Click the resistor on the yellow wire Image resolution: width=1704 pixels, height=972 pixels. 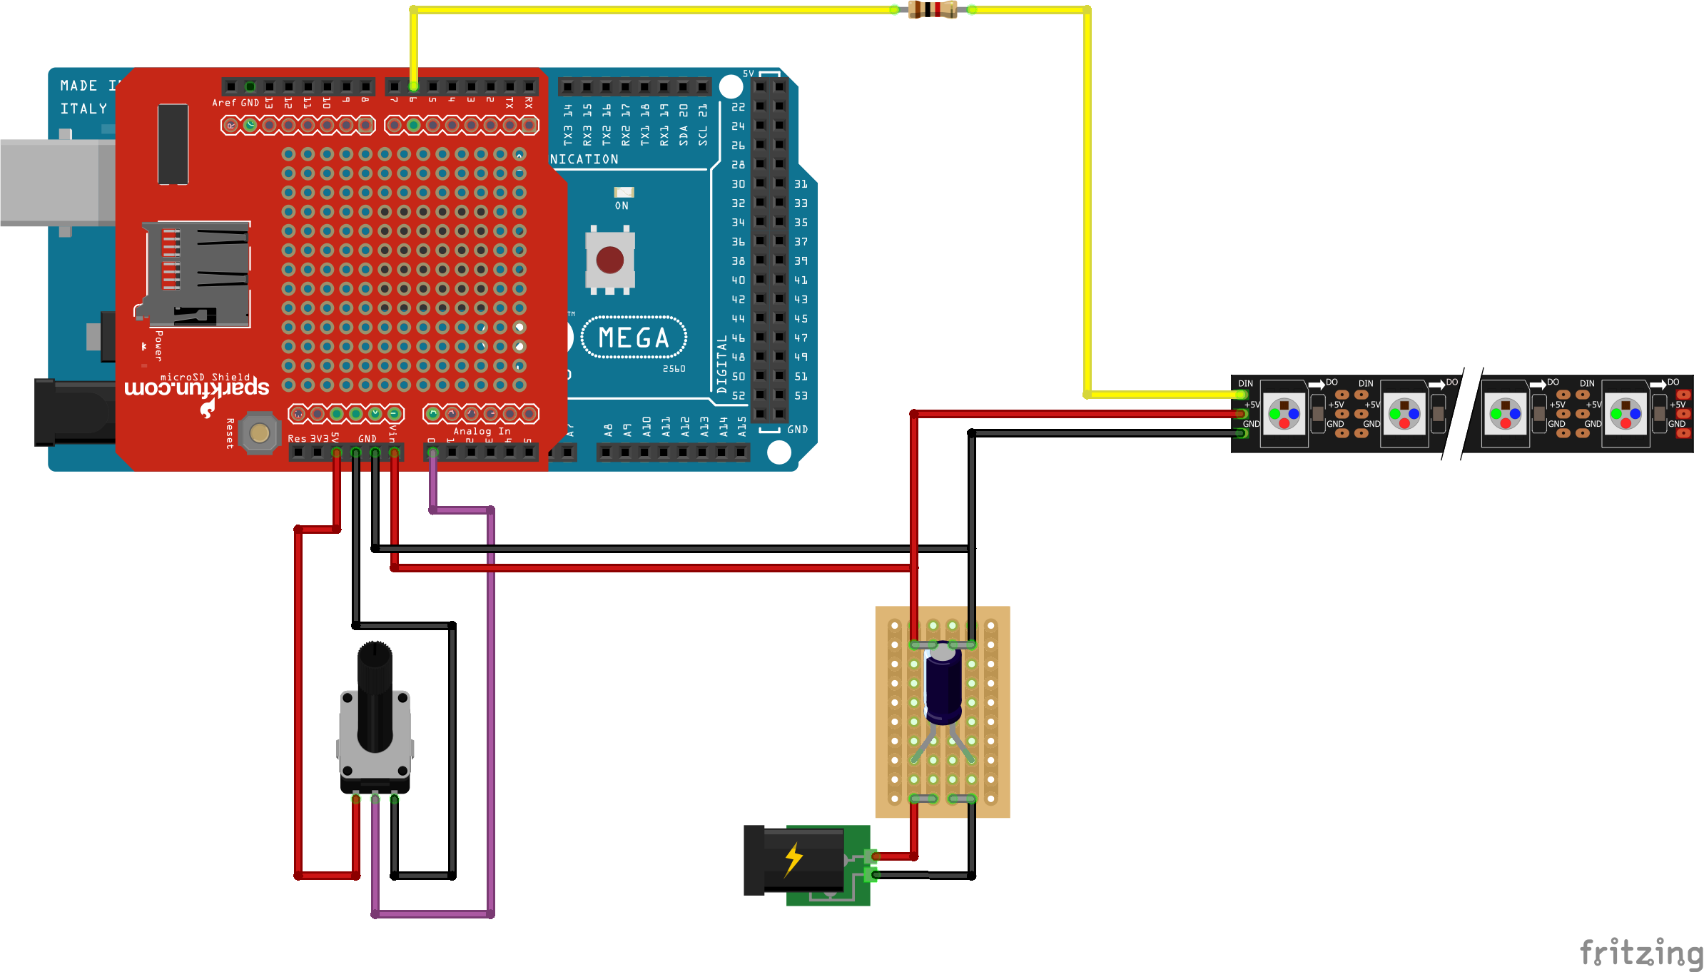pos(932,10)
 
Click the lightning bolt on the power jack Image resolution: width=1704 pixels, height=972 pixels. pos(793,859)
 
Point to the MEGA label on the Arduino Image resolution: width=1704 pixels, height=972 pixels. pos(634,338)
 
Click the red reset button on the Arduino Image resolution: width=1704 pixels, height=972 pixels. pos(610,260)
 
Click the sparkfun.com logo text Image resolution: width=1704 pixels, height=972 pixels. pos(197,388)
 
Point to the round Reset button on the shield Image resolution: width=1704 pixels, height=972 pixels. pos(259,432)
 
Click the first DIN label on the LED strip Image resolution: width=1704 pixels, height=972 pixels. pos(1245,384)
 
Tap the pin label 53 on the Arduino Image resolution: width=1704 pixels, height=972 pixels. pos(801,395)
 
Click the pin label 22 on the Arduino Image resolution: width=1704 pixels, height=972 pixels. pos(738,107)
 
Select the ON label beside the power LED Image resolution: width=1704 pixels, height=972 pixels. pos(622,206)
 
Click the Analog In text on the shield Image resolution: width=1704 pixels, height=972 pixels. pos(482,431)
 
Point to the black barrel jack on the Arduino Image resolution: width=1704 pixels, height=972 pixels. pos(71,412)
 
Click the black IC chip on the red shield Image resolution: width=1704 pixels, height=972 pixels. pos(173,143)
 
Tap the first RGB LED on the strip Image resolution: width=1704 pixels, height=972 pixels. pos(1284,414)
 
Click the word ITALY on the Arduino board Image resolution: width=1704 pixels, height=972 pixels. pos(83,108)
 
